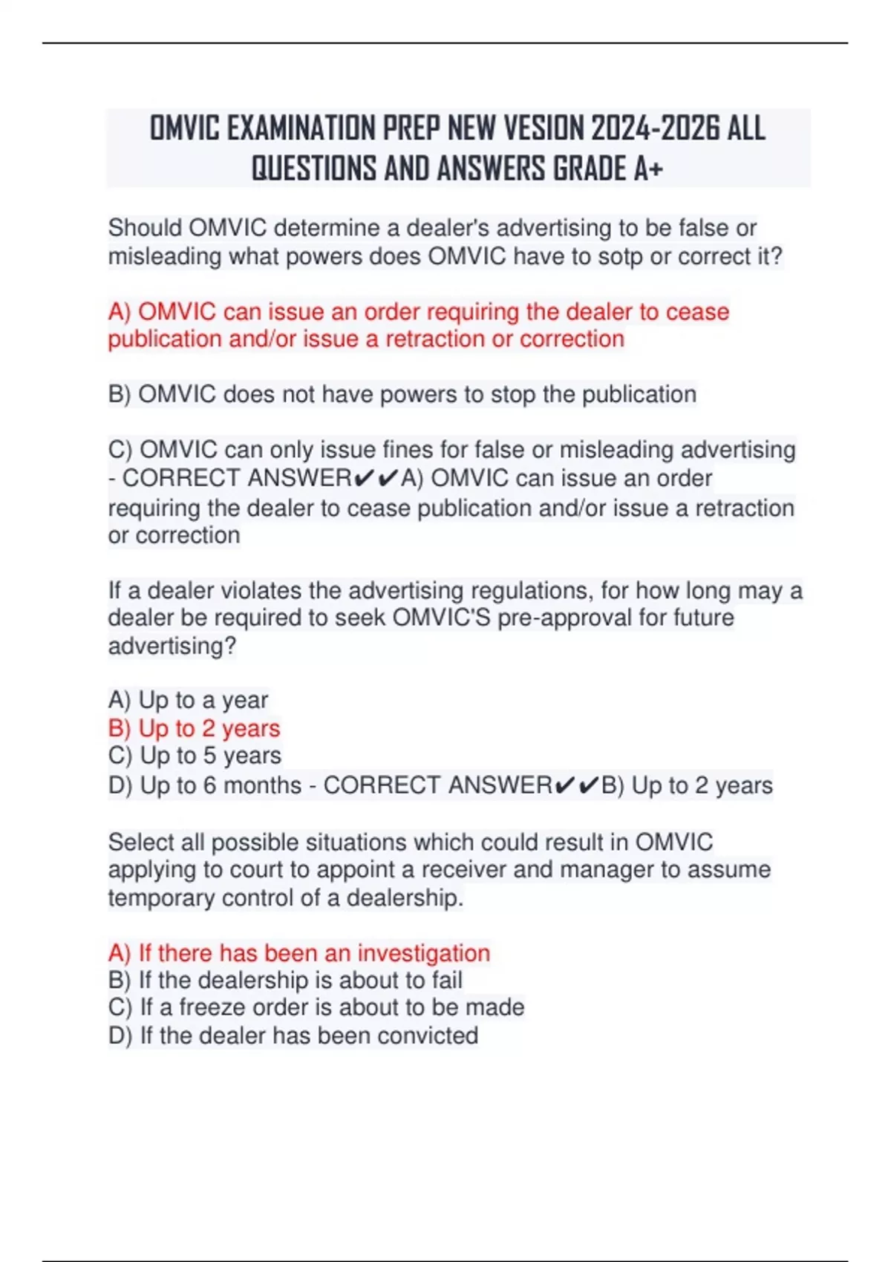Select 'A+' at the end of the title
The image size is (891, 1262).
pos(648,169)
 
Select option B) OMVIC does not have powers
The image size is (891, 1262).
pos(402,394)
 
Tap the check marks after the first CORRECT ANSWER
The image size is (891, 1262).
pos(376,478)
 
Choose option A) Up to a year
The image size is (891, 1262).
pos(188,700)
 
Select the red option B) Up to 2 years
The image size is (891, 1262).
pos(194,728)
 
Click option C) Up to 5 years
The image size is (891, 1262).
pos(195,756)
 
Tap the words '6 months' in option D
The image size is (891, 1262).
pos(252,785)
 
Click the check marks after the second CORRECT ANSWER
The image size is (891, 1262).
pos(576,785)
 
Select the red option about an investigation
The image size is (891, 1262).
pos(298,953)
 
